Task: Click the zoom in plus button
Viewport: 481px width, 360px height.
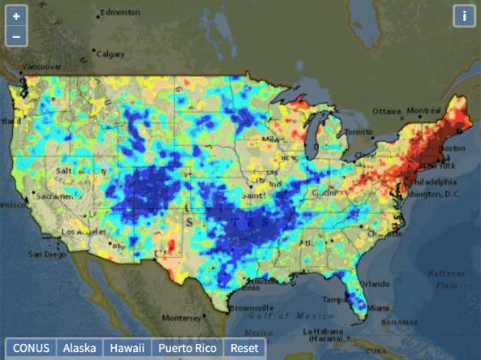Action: coord(16,16)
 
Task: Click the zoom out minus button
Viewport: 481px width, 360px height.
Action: coord(16,36)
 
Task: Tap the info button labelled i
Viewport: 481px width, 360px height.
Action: coord(464,16)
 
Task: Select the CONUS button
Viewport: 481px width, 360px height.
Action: coord(31,348)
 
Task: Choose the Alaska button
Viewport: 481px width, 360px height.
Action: coord(79,348)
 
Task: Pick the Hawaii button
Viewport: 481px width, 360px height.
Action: coord(127,348)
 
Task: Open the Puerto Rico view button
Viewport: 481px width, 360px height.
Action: coord(187,348)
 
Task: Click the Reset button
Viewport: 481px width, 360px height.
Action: coord(244,348)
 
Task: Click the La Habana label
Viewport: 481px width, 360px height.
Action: coord(325,332)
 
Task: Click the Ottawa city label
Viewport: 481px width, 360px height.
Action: coord(387,110)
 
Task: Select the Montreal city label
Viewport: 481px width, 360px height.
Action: coord(423,110)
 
